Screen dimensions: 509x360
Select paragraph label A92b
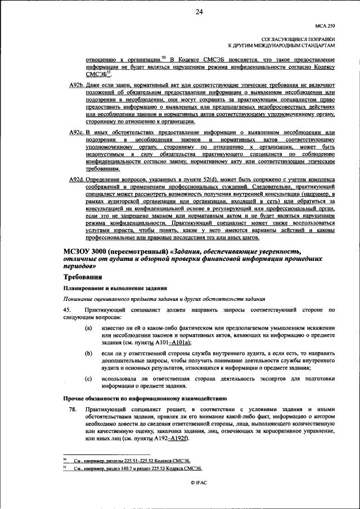(73, 84)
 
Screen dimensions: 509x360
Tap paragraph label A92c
(73, 132)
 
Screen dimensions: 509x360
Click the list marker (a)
(89, 328)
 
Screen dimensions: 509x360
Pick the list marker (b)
(89, 353)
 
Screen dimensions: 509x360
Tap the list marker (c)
(89, 379)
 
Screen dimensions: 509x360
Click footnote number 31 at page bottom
(64, 467)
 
